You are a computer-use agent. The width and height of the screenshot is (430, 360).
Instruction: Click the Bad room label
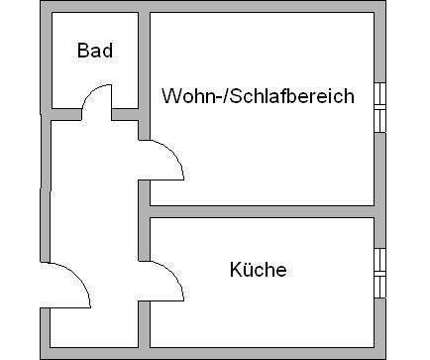(96, 51)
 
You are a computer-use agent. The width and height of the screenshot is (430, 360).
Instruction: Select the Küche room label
(258, 269)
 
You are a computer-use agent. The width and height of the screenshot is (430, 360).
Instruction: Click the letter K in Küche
(235, 269)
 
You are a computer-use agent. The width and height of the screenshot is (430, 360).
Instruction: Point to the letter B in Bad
(84, 51)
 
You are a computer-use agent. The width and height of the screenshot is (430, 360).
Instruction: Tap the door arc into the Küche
(173, 278)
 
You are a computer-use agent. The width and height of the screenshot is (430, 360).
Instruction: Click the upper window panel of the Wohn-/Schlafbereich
(378, 95)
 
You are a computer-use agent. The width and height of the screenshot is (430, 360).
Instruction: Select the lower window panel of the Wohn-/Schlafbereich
(378, 119)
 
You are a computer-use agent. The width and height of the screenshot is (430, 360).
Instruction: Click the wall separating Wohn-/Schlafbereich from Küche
(263, 211)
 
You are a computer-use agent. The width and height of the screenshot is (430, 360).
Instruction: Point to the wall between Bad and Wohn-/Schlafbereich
(143, 60)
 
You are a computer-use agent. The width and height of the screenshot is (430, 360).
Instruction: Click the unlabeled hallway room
(94, 198)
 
